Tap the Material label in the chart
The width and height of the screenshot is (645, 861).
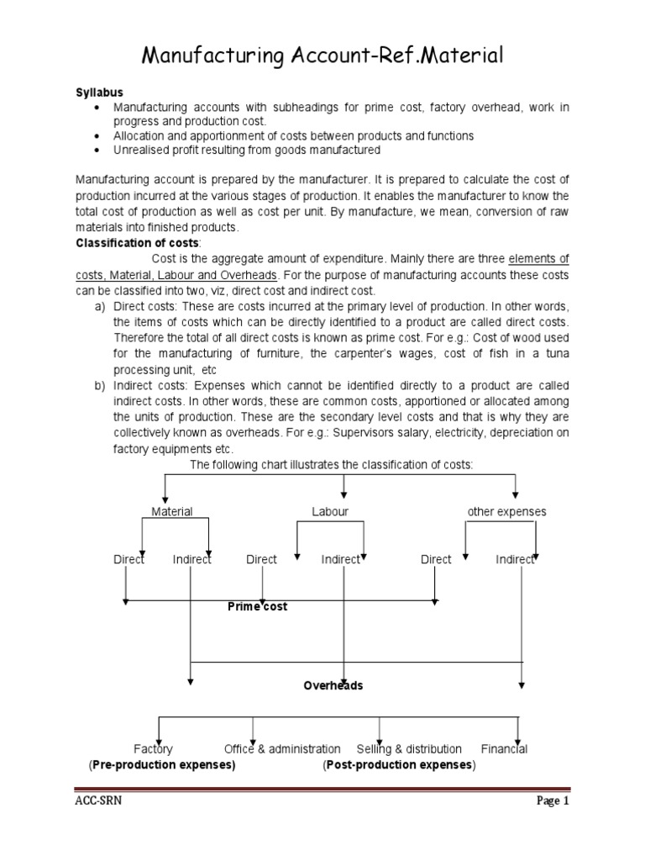click(x=171, y=511)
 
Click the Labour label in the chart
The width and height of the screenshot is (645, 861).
click(x=330, y=511)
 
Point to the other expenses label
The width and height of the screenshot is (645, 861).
click(x=506, y=511)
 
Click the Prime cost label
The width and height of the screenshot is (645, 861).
click(x=257, y=606)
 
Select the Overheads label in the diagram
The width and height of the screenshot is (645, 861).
click(x=333, y=685)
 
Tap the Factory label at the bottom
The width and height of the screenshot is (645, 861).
click(x=153, y=748)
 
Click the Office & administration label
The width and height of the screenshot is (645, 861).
click(x=282, y=748)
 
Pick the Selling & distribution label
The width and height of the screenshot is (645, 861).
click(x=409, y=748)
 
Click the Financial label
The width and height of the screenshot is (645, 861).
click(x=504, y=748)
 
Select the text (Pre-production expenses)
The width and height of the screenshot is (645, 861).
click(x=162, y=765)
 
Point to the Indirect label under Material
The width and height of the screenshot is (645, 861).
click(x=191, y=559)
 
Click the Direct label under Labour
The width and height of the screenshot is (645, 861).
click(x=261, y=559)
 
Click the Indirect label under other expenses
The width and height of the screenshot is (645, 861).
click(x=515, y=559)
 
